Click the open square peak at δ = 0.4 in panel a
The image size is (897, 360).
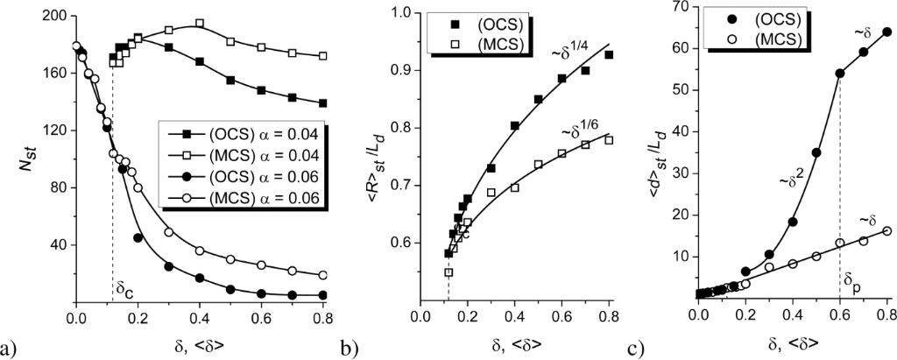pyautogui.click(x=200, y=24)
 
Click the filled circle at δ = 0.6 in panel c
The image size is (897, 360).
pyautogui.click(x=840, y=73)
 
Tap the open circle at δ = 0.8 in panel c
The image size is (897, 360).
pyautogui.click(x=887, y=230)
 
